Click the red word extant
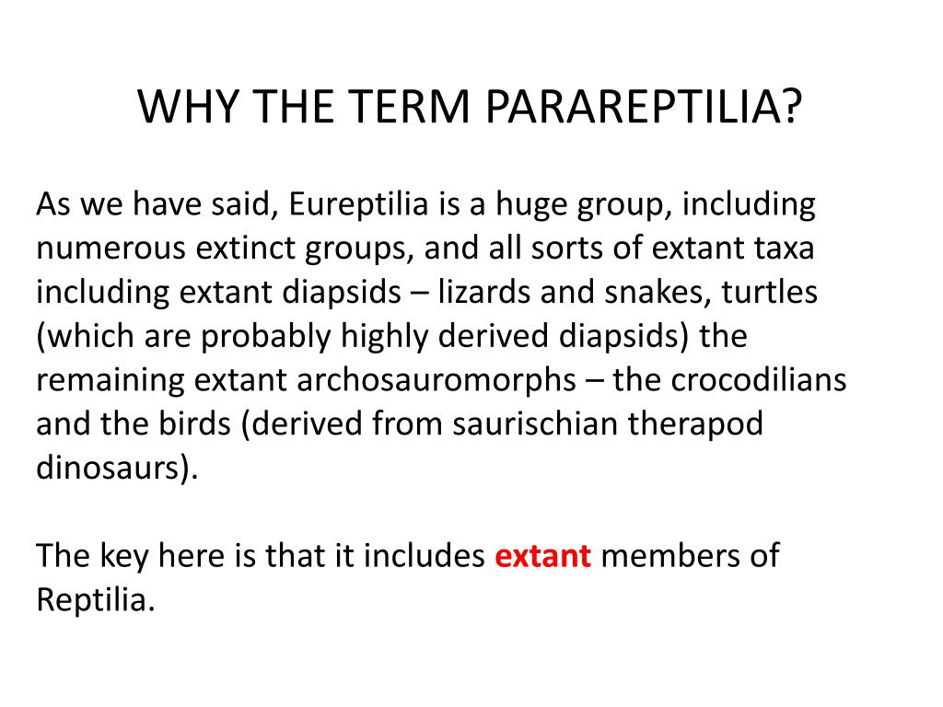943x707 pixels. coord(543,557)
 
